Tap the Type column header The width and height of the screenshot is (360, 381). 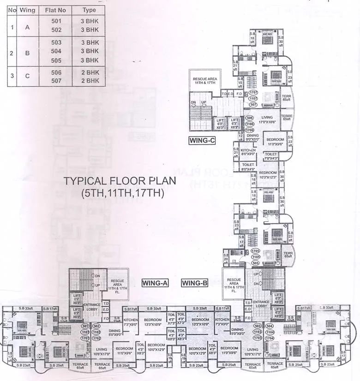89,10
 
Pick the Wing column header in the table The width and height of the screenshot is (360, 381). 27,10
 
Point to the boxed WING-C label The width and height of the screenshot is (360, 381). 202,141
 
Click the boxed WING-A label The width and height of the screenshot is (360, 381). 154,283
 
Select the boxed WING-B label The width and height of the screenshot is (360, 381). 194,283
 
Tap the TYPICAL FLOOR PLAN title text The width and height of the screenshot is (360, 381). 120,181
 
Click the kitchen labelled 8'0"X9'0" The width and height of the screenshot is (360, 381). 248,153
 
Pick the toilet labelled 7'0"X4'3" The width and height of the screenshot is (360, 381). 271,156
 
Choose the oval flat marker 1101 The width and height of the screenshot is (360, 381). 85,332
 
